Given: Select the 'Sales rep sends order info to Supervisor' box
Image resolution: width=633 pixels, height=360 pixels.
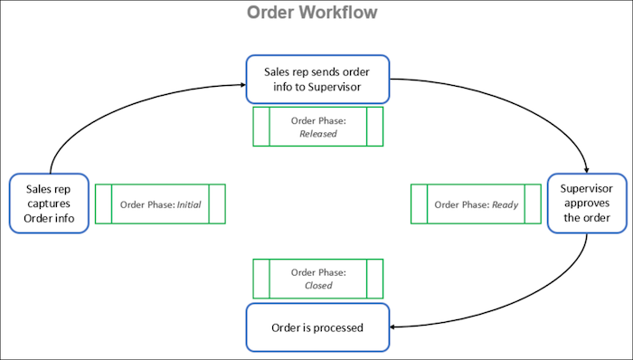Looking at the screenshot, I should pyautogui.click(x=317, y=79).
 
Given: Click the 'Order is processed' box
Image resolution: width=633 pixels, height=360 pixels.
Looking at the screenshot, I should pyautogui.click(x=317, y=327).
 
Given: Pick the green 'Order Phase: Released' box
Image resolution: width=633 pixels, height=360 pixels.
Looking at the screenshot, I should pyautogui.click(x=317, y=127).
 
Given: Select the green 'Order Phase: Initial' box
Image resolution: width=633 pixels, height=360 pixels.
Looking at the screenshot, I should pyautogui.click(x=160, y=204).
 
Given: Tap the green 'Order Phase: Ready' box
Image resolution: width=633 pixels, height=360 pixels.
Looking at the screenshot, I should pyautogui.click(x=476, y=204).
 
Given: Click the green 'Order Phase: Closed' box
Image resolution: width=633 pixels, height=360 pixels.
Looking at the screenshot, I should pyautogui.click(x=317, y=279).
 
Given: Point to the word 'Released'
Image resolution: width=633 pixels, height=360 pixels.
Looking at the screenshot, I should pyautogui.click(x=317, y=134).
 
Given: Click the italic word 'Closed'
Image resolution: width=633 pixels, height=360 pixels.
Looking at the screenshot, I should pyautogui.click(x=317, y=286).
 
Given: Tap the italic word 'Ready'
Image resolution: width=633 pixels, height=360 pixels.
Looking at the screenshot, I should pyautogui.click(x=505, y=204).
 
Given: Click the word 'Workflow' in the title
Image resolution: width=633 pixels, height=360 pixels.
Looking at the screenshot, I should pyautogui.click(x=344, y=14).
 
